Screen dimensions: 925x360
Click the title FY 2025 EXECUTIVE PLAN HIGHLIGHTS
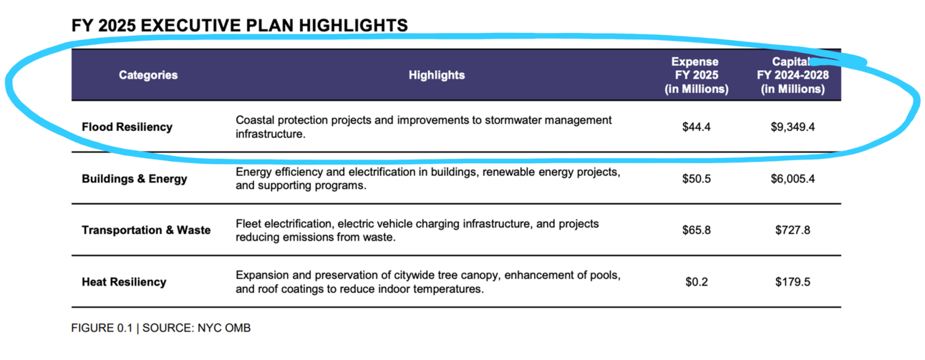click(240, 26)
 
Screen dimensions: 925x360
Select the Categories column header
click(148, 75)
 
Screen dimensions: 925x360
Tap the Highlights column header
click(437, 75)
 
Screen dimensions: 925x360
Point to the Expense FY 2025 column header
click(696, 75)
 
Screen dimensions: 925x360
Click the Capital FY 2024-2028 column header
click(793, 75)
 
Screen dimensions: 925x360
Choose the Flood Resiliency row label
click(127, 127)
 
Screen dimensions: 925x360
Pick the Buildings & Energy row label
click(134, 179)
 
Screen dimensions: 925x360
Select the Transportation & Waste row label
click(146, 230)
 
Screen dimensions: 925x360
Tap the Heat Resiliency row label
click(124, 282)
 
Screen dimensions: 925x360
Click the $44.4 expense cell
click(696, 127)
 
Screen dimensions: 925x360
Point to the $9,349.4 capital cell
click(793, 127)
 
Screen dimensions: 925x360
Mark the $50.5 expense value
click(696, 179)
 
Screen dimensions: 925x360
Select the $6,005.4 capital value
click(793, 179)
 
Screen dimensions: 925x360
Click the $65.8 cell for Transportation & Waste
click(696, 230)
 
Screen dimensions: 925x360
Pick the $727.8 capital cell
click(793, 230)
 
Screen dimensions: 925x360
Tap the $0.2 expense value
click(696, 282)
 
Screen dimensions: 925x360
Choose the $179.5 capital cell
click(793, 282)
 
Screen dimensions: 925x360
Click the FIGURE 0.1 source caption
click(160, 328)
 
